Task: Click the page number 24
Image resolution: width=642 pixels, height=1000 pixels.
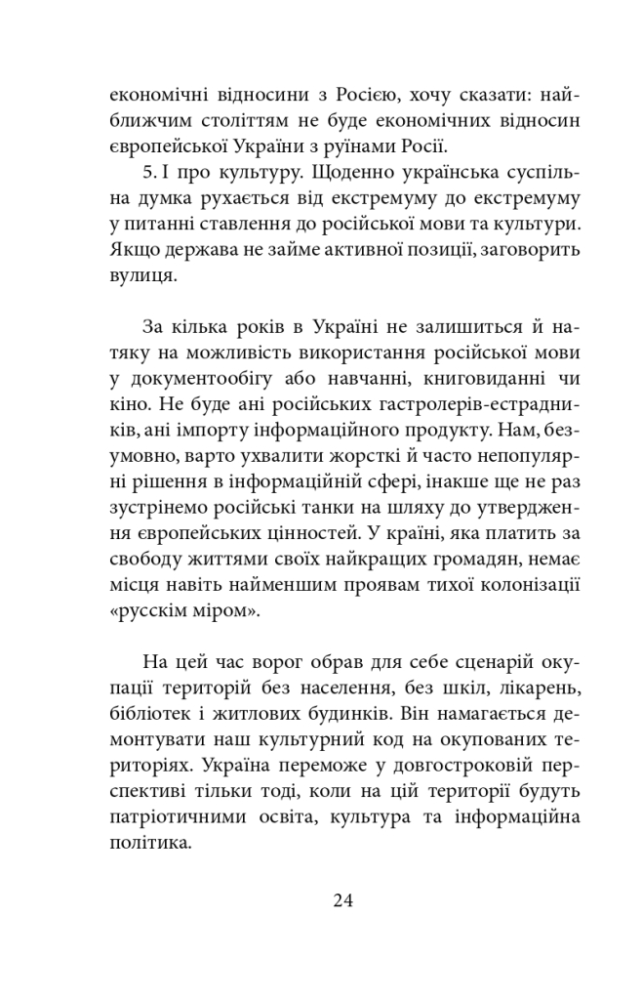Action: [341, 899]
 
